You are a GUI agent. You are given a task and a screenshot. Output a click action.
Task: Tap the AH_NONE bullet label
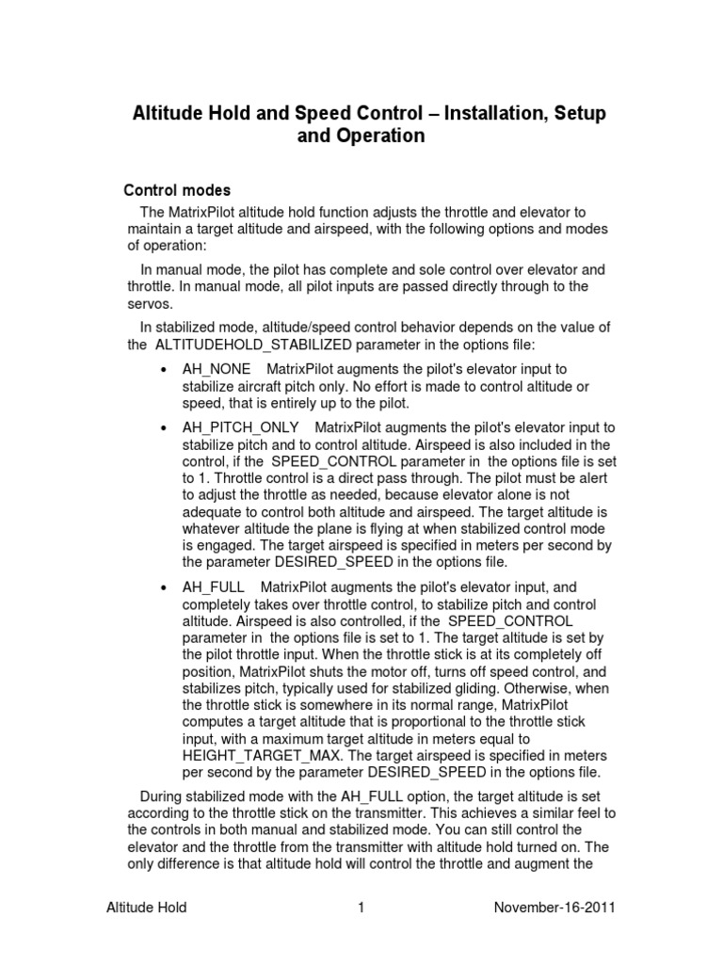[217, 369]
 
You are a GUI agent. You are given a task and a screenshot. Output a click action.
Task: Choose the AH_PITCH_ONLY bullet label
[241, 428]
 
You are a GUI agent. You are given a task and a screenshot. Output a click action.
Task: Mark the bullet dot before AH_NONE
[165, 370]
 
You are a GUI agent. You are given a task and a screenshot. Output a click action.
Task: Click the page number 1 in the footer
[360, 908]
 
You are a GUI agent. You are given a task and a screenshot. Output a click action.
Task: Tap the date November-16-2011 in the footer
[555, 908]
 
